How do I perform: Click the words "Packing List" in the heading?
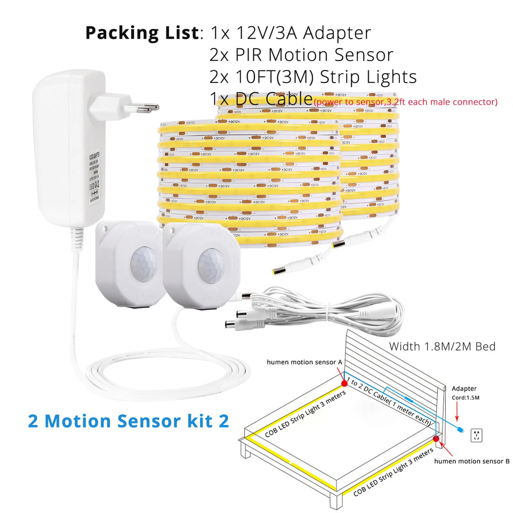point(142,33)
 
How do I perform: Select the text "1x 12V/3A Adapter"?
point(291,33)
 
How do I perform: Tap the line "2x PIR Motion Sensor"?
point(302,55)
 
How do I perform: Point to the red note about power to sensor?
point(406,102)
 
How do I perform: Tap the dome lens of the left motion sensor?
point(143,264)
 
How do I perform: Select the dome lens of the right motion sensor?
point(210,266)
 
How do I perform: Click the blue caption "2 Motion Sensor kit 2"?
point(128,421)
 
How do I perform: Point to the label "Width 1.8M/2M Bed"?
point(442,346)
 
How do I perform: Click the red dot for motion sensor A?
point(345,383)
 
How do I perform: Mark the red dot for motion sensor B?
point(436,439)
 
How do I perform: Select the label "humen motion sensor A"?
point(304,362)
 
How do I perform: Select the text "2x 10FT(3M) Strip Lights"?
point(314,77)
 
